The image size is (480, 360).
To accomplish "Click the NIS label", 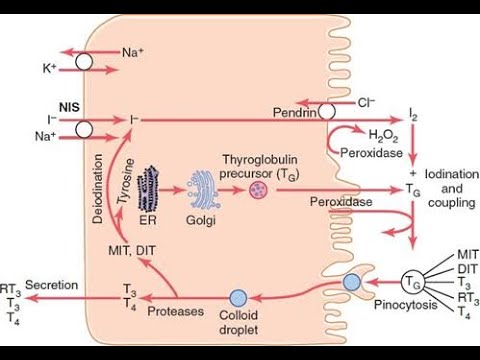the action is (69, 107).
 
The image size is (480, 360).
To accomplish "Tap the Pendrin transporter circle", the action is (327, 112).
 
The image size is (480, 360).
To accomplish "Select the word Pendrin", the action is (295, 113).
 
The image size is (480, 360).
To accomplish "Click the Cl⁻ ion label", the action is (366, 103).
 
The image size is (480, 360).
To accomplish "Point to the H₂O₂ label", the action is (383, 135).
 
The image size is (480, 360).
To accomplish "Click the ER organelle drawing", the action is (149, 189).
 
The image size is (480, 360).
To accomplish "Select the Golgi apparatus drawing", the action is (203, 189).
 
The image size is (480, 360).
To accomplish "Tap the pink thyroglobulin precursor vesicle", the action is (258, 190).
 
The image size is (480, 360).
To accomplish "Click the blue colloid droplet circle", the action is (238, 298).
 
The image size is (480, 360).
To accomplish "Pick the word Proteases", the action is (176, 311).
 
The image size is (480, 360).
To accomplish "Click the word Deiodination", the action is (98, 188).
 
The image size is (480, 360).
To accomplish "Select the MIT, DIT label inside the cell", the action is (132, 250).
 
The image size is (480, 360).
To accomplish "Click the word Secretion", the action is (52, 285).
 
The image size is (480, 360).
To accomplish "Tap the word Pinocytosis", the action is (405, 305).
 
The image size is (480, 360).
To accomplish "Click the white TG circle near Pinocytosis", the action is (412, 283).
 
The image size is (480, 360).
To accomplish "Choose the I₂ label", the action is (413, 115).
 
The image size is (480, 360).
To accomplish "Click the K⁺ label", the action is (49, 68).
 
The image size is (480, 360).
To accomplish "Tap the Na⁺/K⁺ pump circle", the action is (84, 62).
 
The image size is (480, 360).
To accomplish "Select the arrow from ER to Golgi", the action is (172, 190).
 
